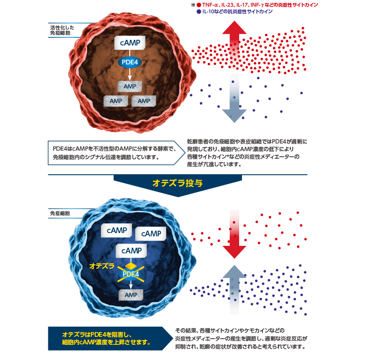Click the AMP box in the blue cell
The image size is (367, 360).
coord(130,295)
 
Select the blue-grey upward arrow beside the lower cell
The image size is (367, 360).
coord(235,289)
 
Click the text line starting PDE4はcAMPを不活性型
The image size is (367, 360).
coord(114,148)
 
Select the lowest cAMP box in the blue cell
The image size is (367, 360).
coord(131,250)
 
